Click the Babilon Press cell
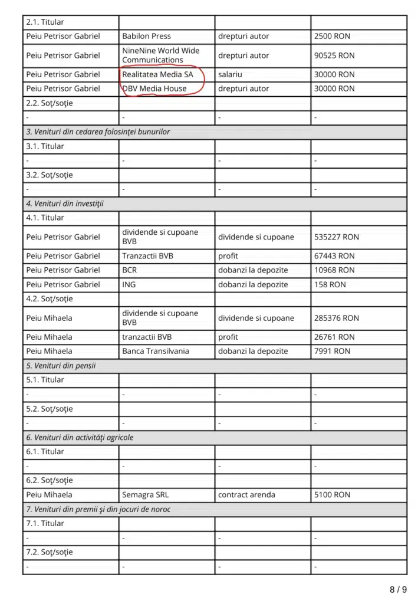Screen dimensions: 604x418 pyautogui.click(x=146, y=36)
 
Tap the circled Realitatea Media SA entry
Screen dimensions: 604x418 pyautogui.click(x=157, y=75)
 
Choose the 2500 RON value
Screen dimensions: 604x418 pyautogui.click(x=332, y=36)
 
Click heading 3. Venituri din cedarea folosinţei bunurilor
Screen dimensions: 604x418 pyautogui.click(x=98, y=132)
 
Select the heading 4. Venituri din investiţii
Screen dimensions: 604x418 pyautogui.click(x=65, y=203)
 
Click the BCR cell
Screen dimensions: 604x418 pyautogui.click(x=130, y=270)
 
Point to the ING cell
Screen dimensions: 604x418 pyautogui.click(x=129, y=284)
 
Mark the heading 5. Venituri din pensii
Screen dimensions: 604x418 pyautogui.click(x=61, y=366)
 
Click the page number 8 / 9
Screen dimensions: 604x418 pyautogui.click(x=398, y=589)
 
